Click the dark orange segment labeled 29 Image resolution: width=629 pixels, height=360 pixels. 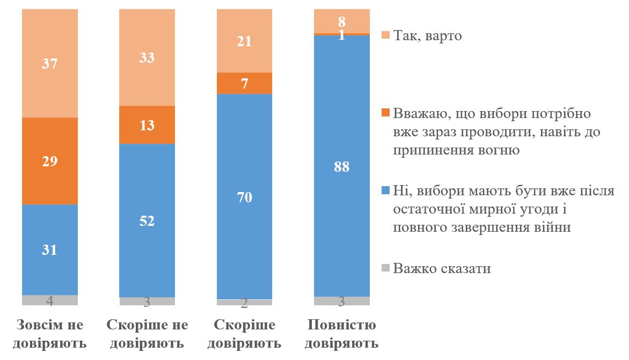(50, 161)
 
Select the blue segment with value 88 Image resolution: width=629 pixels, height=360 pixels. (341, 166)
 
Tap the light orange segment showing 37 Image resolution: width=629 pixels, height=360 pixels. (50, 64)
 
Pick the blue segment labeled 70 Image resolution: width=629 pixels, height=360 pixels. (244, 196)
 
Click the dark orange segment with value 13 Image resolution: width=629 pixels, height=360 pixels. (147, 125)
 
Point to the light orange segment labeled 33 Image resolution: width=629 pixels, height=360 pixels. (147, 57)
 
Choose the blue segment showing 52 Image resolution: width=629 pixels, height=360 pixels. (147, 221)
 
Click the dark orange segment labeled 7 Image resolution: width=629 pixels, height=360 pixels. (244, 83)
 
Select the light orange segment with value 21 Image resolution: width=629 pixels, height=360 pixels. (244, 41)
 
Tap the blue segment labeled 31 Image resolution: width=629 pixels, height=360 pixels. (50, 249)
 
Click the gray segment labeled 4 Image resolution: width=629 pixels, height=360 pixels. (50, 300)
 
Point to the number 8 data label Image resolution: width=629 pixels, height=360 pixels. (341, 23)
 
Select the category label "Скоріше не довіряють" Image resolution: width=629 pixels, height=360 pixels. (148, 334)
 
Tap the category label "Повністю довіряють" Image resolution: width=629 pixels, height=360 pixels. (342, 334)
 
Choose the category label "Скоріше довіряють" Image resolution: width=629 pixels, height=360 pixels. (245, 334)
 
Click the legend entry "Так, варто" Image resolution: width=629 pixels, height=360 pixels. (427, 36)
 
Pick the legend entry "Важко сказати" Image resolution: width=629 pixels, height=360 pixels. (442, 268)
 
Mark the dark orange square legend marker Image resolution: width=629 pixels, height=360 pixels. (384, 114)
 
